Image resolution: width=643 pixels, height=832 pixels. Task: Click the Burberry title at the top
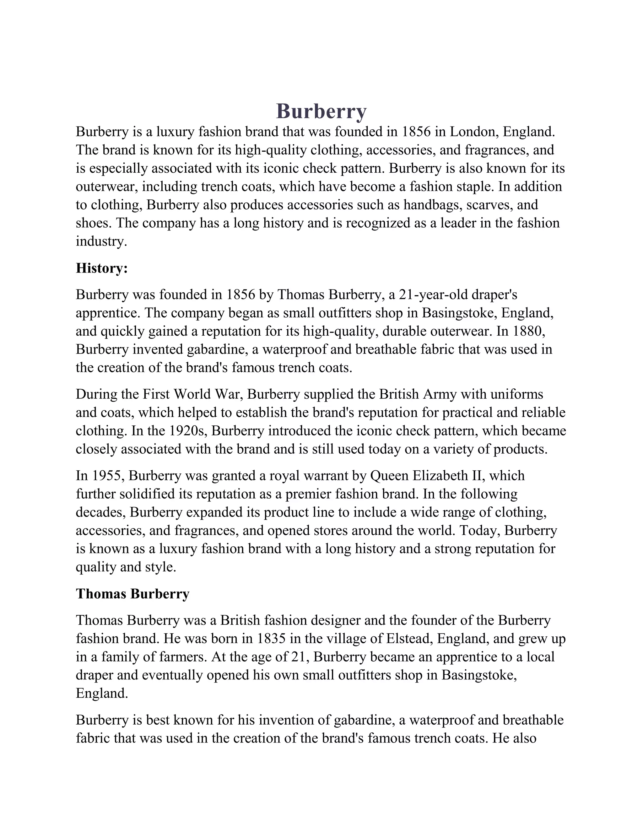(x=321, y=111)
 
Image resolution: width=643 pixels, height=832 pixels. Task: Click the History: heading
(x=102, y=268)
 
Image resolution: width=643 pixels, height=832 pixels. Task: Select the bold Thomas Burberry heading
(x=132, y=594)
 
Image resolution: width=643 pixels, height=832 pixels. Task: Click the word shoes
(x=93, y=223)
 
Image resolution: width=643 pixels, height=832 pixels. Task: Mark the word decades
(x=100, y=512)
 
